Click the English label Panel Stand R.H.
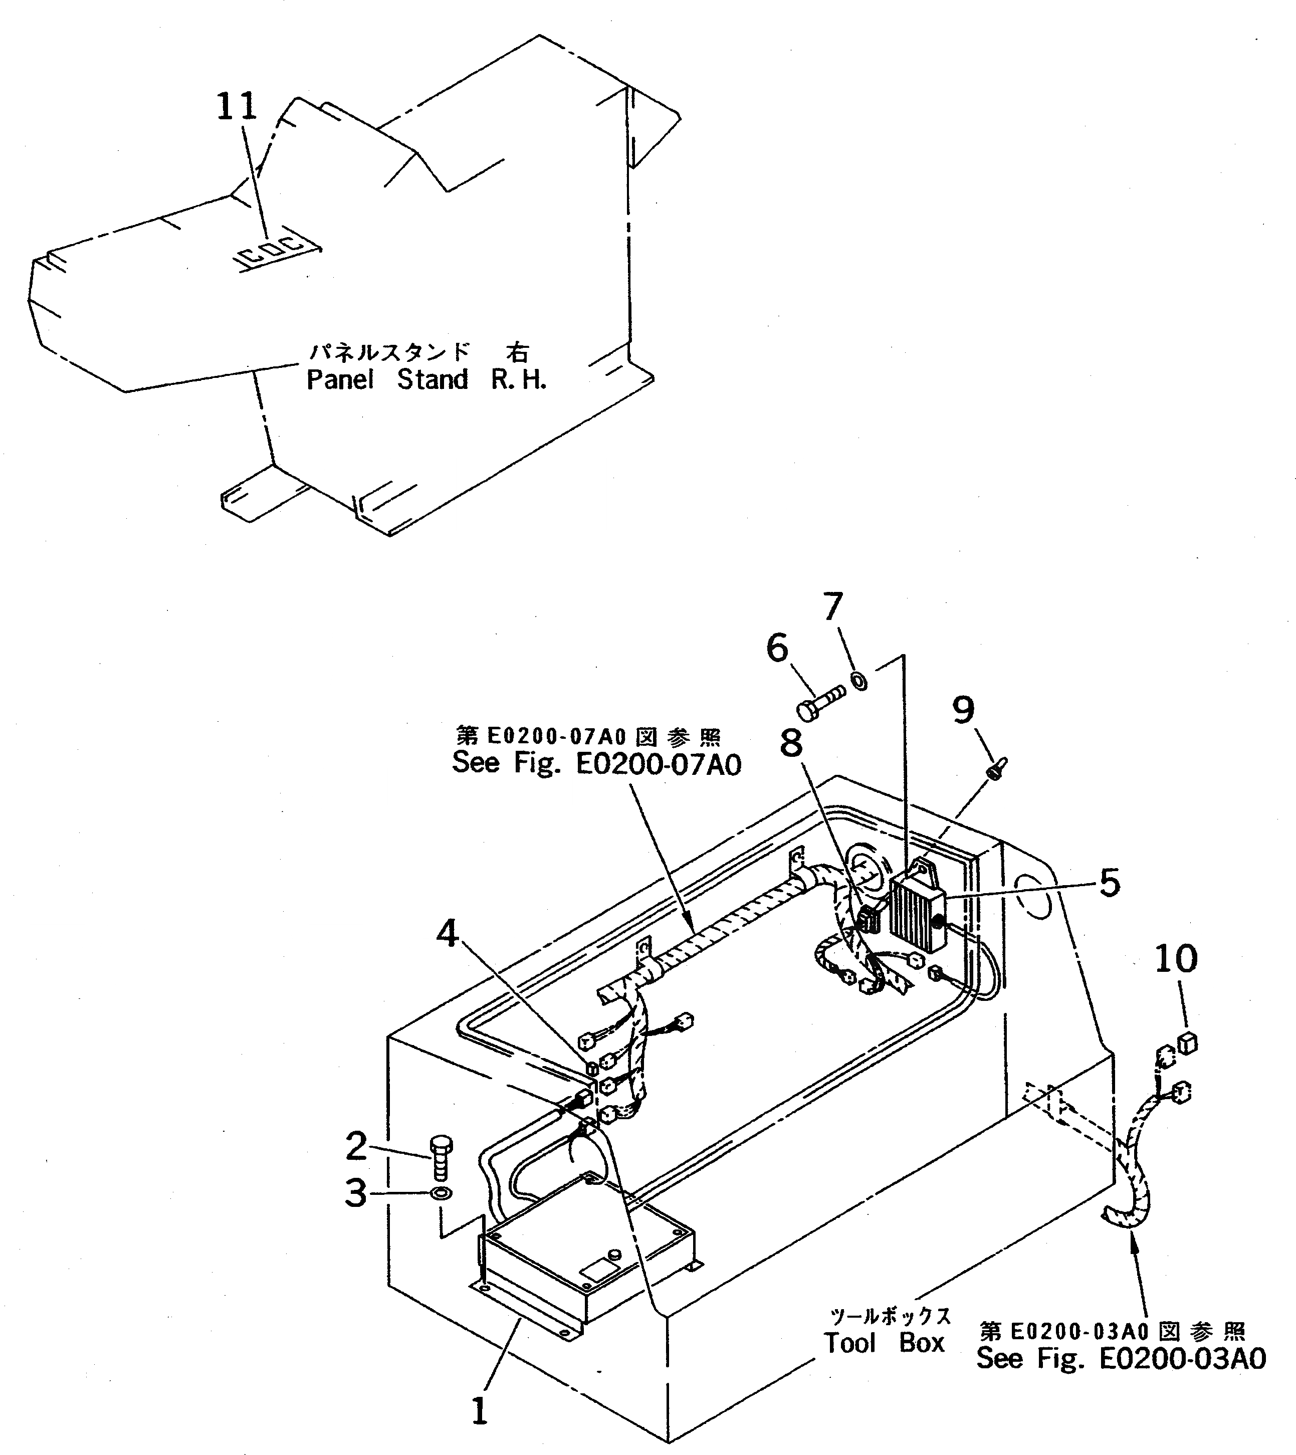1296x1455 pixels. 426,380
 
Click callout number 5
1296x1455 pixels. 1110,883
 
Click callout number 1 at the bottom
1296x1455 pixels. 480,1410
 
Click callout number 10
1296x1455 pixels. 1176,959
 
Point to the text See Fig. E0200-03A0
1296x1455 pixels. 1121,1358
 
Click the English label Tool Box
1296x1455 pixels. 884,1343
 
